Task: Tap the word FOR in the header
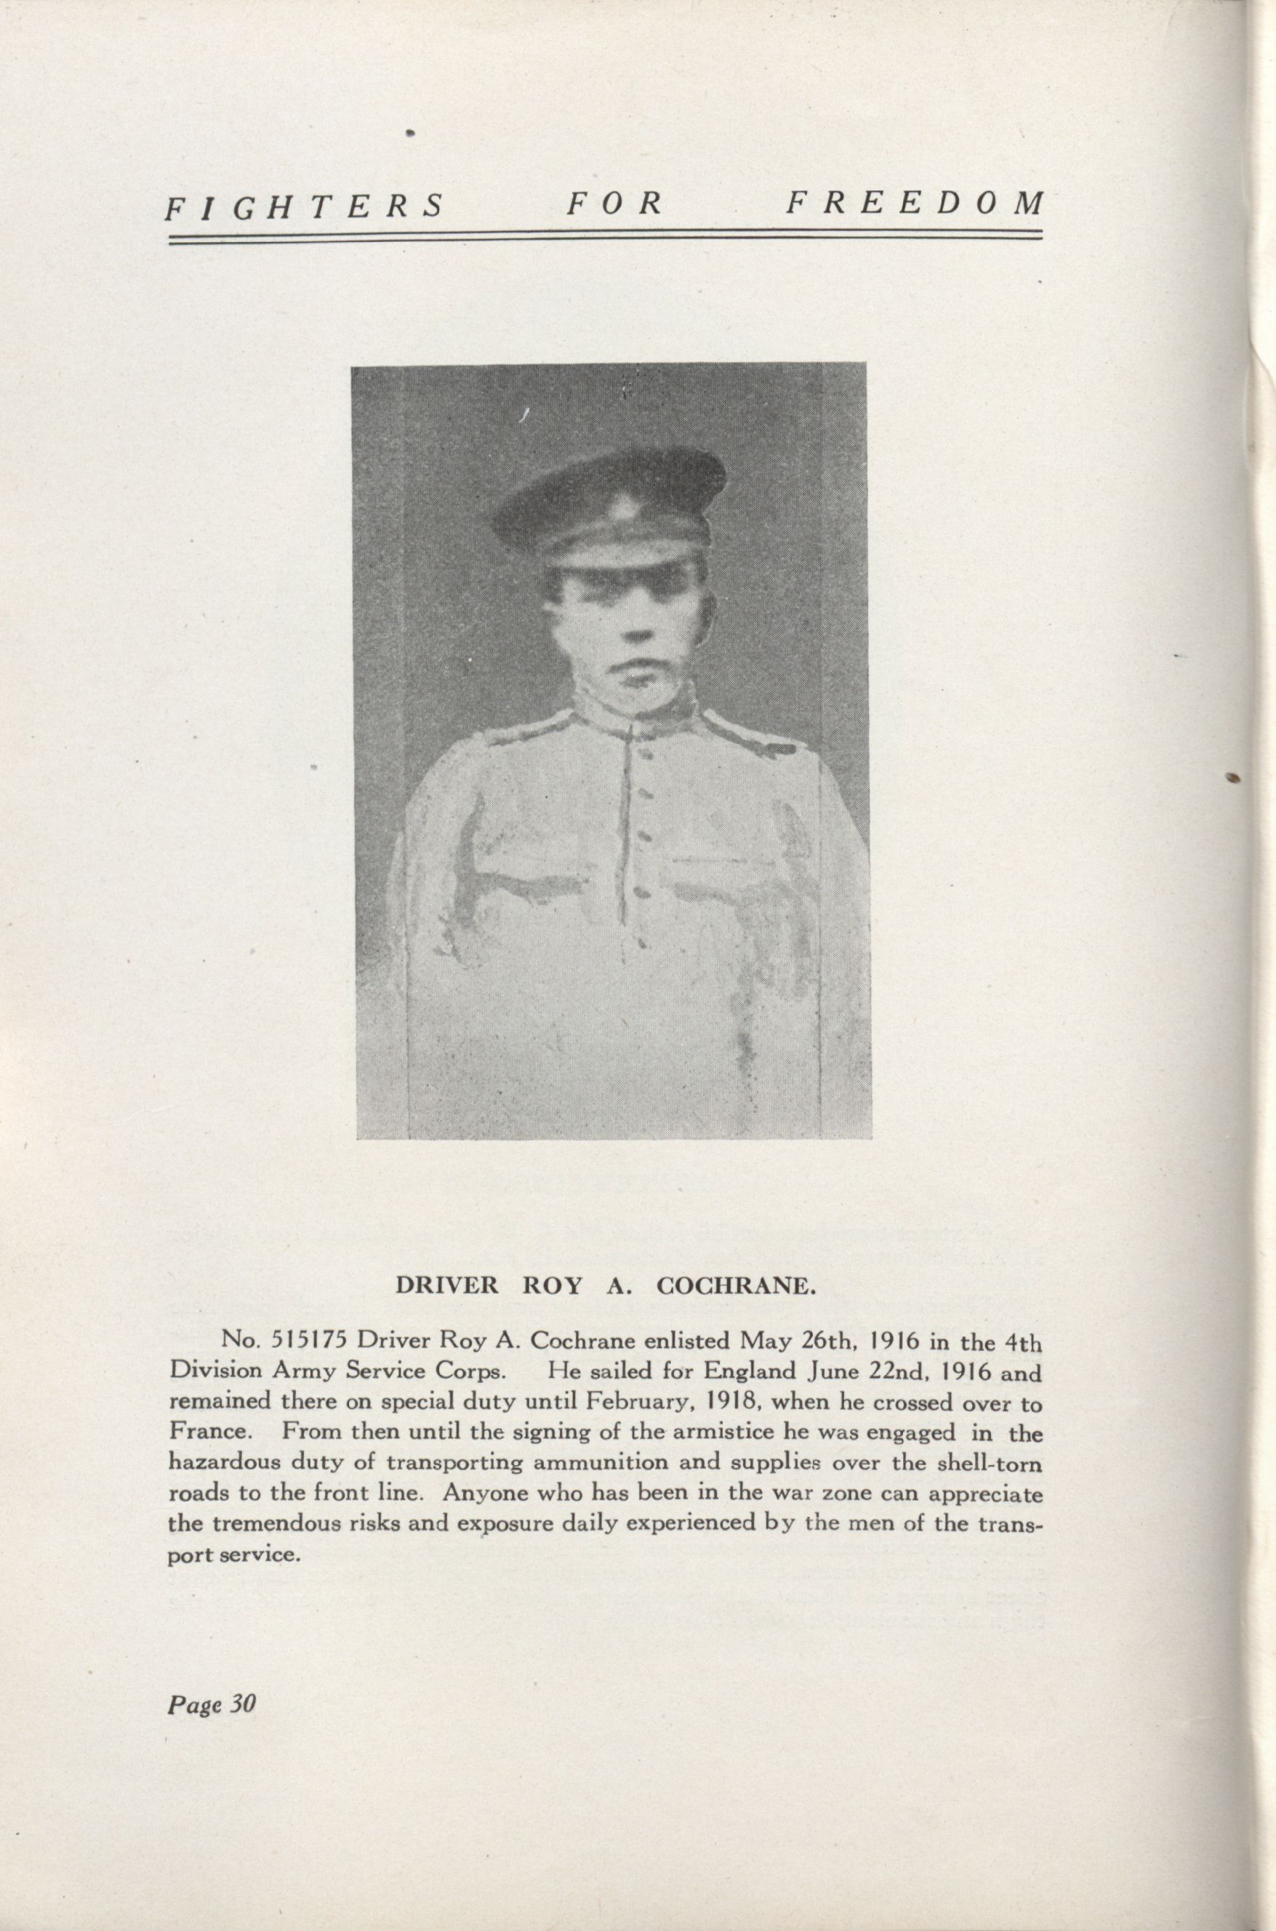coord(614,204)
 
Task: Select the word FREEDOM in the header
coord(914,203)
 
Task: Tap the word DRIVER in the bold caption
coord(446,1286)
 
